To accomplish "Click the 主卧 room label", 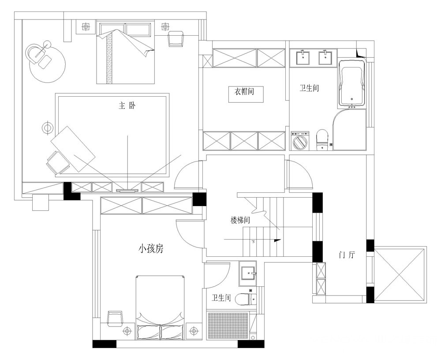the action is [x=127, y=106].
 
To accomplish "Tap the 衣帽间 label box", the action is [x=246, y=94].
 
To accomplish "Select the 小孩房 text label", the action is [x=151, y=249].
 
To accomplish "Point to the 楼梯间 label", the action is [x=240, y=220].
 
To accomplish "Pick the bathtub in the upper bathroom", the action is [x=352, y=83].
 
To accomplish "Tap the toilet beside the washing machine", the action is [x=322, y=139].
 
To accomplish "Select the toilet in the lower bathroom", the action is [x=246, y=300].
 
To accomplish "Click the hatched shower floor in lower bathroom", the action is [x=228, y=326].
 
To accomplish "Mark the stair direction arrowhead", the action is [x=277, y=240].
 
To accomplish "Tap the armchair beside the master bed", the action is [x=176, y=39].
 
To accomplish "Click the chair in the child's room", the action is [x=115, y=319].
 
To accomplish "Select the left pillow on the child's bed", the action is [x=149, y=332].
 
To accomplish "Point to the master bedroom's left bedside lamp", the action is [x=86, y=27].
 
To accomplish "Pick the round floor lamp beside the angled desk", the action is [x=47, y=128].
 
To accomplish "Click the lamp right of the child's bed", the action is [x=194, y=331].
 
